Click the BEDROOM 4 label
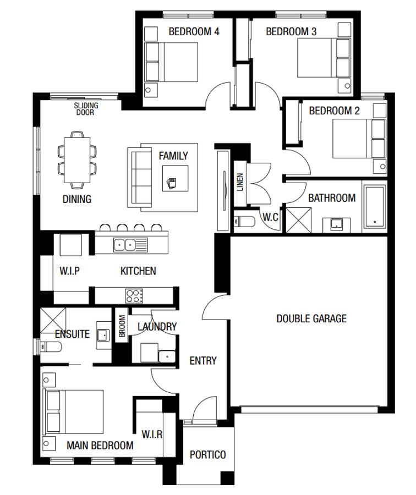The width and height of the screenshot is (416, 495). pyautogui.click(x=194, y=32)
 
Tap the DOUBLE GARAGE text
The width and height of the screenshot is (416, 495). pyautogui.click(x=311, y=318)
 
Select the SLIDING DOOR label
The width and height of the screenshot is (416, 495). pyautogui.click(x=86, y=109)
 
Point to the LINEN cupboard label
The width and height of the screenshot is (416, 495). pyautogui.click(x=240, y=183)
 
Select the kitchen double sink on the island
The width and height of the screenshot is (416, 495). pyautogui.click(x=124, y=244)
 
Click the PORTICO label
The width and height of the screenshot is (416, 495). pyautogui.click(x=207, y=455)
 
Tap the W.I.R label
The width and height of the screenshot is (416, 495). pyautogui.click(x=152, y=434)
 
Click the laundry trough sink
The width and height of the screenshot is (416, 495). pyautogui.click(x=166, y=356)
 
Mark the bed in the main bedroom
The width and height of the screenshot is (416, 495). pyautogui.click(x=74, y=413)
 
